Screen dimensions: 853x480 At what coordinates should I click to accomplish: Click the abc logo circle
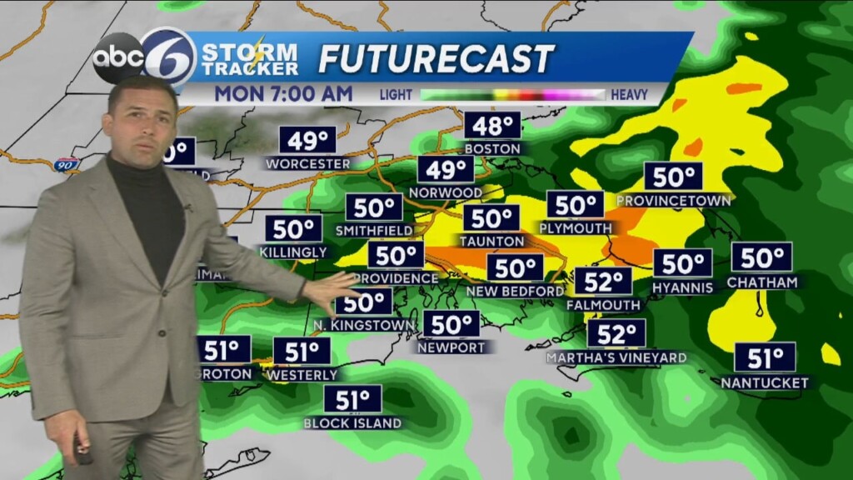[117, 57]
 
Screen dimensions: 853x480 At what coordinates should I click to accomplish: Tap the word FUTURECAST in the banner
[436, 58]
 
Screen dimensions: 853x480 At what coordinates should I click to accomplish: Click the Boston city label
[493, 148]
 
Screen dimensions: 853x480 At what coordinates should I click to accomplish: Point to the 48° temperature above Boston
[493, 126]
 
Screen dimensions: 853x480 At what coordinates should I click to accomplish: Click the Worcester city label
[308, 163]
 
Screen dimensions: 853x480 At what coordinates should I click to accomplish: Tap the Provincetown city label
[674, 201]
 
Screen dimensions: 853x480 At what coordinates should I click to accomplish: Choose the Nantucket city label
[765, 382]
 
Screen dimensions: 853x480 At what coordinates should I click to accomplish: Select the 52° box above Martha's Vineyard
[616, 334]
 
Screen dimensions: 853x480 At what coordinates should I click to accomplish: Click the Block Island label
[352, 422]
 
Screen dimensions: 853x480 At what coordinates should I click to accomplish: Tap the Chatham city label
[762, 282]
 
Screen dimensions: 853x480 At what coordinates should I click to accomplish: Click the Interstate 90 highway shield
[66, 164]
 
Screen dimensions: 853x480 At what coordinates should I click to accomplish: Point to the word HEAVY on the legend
[629, 95]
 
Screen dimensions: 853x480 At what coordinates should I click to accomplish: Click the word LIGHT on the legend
[397, 95]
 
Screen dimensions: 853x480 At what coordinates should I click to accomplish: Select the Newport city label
[451, 347]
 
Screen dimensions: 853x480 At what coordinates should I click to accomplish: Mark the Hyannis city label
[683, 287]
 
